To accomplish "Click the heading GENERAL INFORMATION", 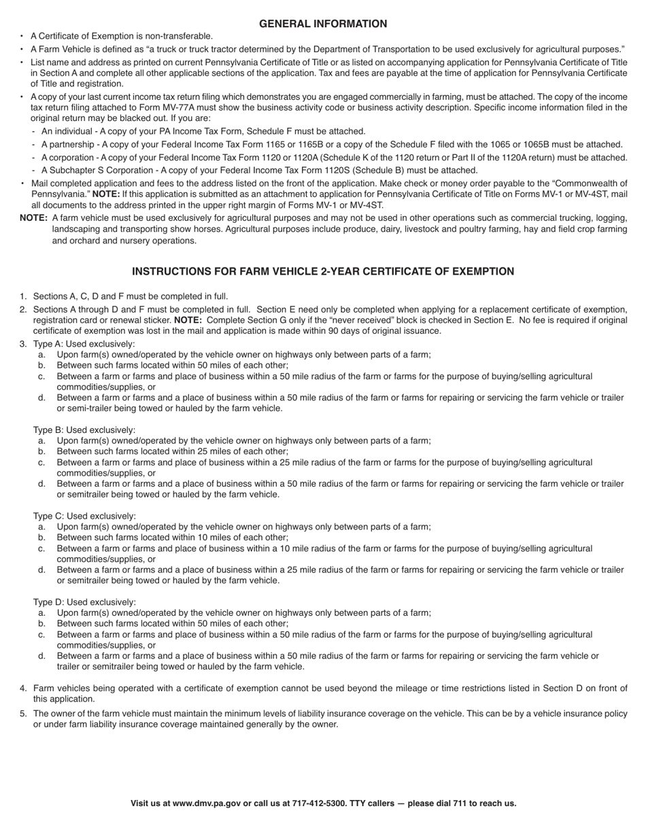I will pyautogui.click(x=323, y=24).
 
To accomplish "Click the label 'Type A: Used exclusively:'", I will pyautogui.click(x=84, y=344).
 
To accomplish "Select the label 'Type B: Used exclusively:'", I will pyautogui.click(x=84, y=430).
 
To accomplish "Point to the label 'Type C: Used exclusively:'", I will pyautogui.click(x=84, y=516).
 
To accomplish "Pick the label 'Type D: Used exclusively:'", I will pyautogui.click(x=84, y=602).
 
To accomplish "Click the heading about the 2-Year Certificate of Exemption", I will pyautogui.click(x=323, y=271).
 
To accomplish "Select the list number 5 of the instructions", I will pyautogui.click(x=23, y=714).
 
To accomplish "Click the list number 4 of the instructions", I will pyautogui.click(x=23, y=689).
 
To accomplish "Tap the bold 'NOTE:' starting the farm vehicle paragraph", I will pyautogui.click(x=33, y=218).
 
